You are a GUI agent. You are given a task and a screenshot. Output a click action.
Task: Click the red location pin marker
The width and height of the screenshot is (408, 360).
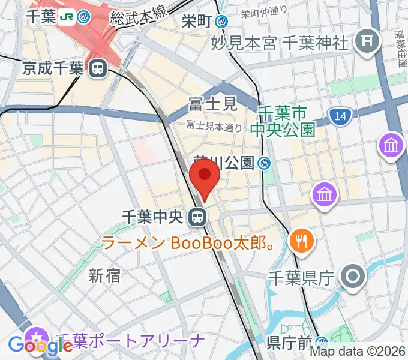click(x=205, y=178)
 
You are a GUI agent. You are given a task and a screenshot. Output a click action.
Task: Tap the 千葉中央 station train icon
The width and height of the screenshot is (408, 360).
click(x=196, y=217)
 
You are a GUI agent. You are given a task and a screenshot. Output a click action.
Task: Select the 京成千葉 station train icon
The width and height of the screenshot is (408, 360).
click(x=96, y=69)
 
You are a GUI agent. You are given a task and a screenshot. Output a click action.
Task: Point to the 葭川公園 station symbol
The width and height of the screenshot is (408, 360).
click(x=265, y=163)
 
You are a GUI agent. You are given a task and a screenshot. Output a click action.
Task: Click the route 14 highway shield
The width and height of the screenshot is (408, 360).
click(x=340, y=118)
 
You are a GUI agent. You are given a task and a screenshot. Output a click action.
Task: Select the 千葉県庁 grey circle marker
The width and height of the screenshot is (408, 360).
click(x=353, y=277)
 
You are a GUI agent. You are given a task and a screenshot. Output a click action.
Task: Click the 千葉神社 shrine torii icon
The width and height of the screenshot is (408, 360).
click(x=364, y=41)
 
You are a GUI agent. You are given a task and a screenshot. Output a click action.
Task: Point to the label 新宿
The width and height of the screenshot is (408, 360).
click(x=104, y=275)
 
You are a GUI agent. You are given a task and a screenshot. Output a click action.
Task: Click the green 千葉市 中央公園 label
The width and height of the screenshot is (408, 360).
click(x=287, y=121)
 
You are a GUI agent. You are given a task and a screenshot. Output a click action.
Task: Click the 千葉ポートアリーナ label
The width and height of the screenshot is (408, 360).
click(x=130, y=342)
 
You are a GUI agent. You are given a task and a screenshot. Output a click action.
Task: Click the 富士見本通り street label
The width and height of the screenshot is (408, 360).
click(x=214, y=126)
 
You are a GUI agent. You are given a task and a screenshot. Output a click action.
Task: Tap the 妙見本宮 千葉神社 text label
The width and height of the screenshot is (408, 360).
click(x=280, y=43)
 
